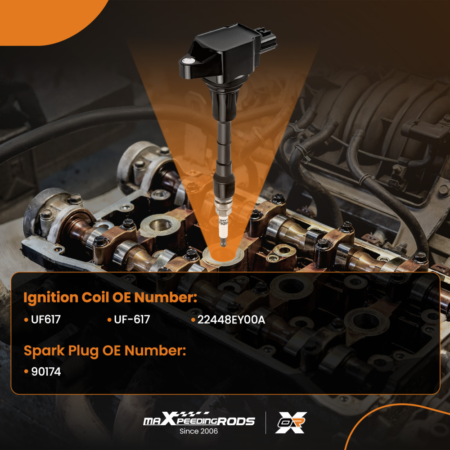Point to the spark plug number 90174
pos(45,372)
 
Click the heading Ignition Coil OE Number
pos(110,298)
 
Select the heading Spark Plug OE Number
pos(104,351)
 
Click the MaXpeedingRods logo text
pos(199,421)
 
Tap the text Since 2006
pos(198,431)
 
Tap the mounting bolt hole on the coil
pos(189,61)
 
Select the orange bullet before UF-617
pos(109,320)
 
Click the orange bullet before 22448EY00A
pos(193,320)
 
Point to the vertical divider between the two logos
pos(265,423)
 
